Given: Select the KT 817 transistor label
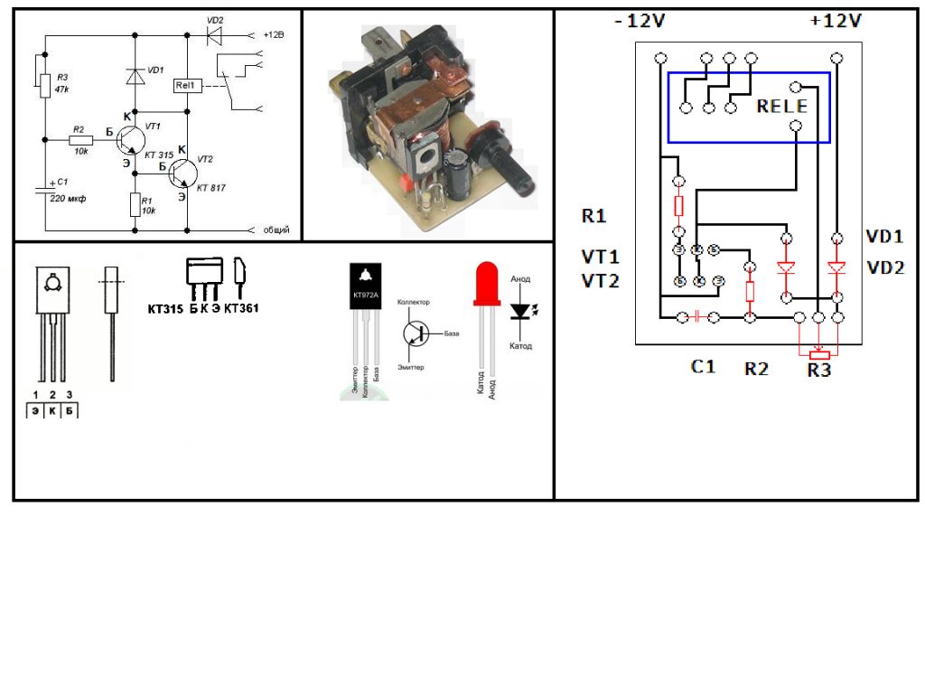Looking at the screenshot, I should [211, 187].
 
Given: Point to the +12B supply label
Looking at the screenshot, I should [273, 35].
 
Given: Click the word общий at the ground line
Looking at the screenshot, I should [276, 230].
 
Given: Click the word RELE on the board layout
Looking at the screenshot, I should [782, 107].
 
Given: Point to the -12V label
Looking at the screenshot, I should [640, 21].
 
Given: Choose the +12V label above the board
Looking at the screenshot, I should [836, 21].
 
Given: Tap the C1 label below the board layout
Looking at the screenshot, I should [703, 367].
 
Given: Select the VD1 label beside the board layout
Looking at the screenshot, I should [885, 237].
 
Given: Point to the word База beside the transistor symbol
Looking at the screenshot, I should [452, 333].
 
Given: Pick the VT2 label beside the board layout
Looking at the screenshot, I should [600, 281].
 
